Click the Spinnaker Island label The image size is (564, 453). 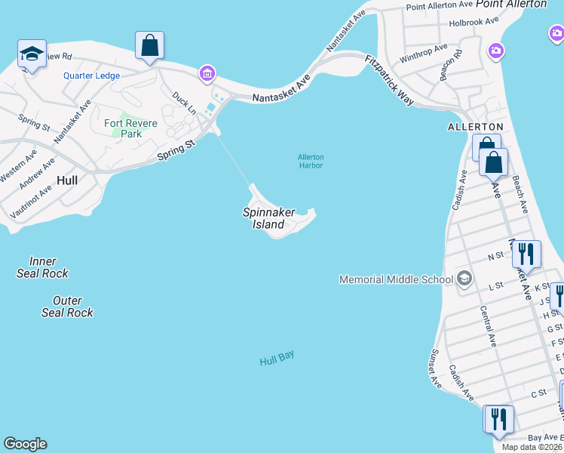point(268,218)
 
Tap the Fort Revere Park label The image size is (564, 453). point(130,128)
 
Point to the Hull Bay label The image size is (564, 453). point(277,359)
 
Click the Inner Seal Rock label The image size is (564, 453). point(42,267)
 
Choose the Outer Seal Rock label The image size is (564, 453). point(67,307)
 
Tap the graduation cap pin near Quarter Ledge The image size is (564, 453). point(32,54)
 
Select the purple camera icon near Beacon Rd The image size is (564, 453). point(496,51)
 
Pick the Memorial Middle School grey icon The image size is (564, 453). point(464,279)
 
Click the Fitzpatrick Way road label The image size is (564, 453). point(390,79)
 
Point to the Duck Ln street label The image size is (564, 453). point(183,103)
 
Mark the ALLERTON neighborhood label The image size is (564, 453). point(475,126)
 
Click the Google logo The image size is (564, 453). point(25,444)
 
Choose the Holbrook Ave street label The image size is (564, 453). point(474,22)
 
